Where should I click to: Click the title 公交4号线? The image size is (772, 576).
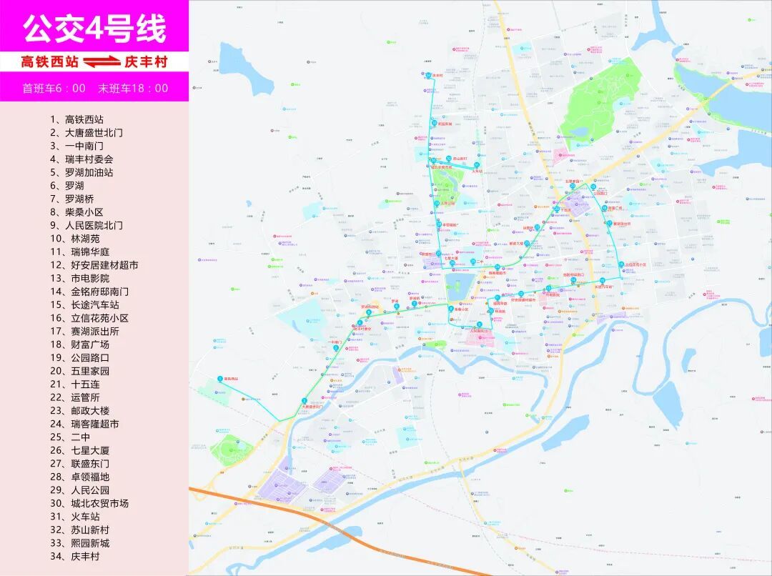(94, 28)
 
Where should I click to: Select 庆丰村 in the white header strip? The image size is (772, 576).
(146, 62)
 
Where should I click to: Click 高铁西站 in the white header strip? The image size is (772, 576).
(50, 62)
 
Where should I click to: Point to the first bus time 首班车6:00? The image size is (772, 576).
(54, 89)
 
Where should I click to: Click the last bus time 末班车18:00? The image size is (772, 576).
(134, 89)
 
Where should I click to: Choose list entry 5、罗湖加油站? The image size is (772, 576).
(81, 172)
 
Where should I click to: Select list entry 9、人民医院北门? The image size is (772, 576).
(86, 225)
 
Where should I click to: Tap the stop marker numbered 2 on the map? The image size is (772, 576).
(305, 399)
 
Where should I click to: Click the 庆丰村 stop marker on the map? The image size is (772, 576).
(428, 75)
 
